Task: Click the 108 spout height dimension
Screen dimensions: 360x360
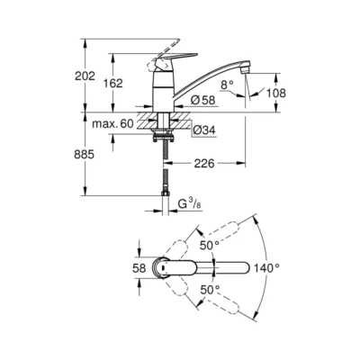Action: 277,91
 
